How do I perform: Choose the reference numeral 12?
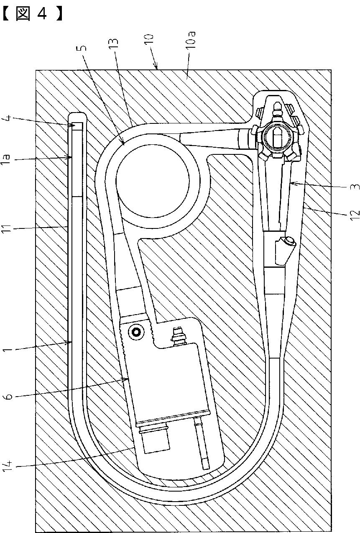click(x=355, y=215)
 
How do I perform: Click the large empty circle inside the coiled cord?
click(x=152, y=180)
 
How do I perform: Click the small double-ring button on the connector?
click(x=136, y=331)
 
